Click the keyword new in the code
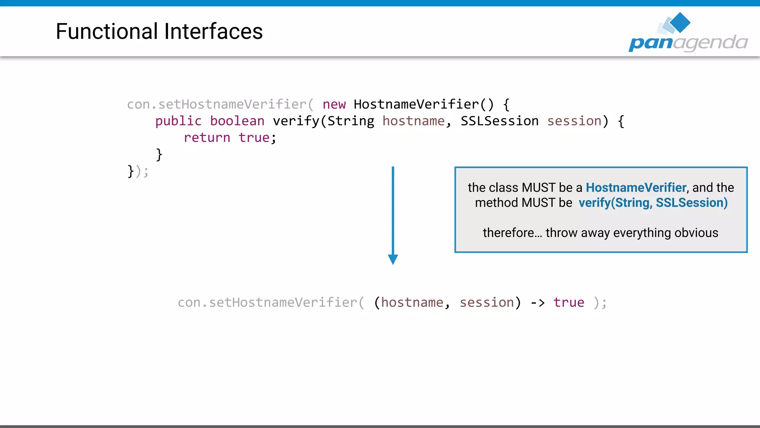334,104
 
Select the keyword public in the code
178,121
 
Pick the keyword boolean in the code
237,121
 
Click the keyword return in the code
207,138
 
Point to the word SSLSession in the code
499,121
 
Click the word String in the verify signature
351,121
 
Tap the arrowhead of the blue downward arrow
393,259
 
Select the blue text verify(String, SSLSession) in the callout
653,203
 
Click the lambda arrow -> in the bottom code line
537,303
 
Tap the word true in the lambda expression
569,303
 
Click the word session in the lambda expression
487,303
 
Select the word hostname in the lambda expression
412,303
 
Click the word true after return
254,138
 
